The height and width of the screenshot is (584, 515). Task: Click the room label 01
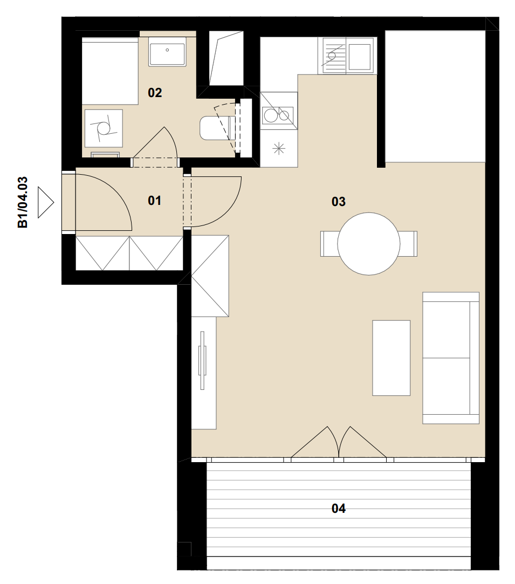[155, 201]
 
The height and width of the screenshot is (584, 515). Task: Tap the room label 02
[155, 92]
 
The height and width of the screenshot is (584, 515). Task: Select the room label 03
[339, 202]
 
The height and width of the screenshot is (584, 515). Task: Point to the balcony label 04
[339, 509]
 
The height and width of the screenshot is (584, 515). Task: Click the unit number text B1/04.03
[23, 202]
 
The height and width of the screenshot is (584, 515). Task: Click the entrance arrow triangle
[46, 203]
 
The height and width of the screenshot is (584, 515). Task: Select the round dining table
[369, 244]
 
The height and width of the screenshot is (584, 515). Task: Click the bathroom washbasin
[167, 52]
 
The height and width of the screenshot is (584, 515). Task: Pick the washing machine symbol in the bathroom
[104, 128]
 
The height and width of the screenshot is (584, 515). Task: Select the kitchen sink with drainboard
[346, 56]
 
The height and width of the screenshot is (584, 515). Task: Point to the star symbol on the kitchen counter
[279, 149]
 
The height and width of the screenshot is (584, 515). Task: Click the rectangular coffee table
[392, 358]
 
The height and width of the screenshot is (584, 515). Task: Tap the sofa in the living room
[451, 358]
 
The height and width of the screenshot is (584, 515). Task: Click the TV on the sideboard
[202, 361]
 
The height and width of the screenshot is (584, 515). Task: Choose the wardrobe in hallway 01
[129, 253]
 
